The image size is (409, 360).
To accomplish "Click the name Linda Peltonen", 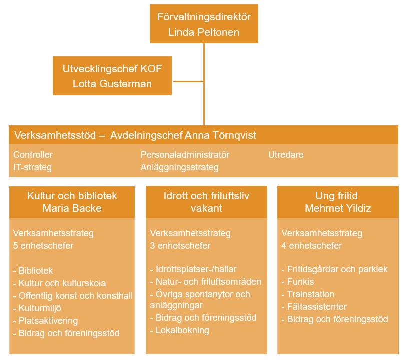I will click(204, 32).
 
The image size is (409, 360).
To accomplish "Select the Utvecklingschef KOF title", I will click(112, 69).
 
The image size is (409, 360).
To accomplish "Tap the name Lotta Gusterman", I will click(112, 84).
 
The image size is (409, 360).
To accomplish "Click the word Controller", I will click(33, 155).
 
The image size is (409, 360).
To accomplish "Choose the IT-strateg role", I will click(32, 167).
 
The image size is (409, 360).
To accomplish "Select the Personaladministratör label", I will click(185, 155).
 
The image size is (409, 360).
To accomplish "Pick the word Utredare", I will click(286, 155).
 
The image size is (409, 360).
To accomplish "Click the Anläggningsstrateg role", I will click(179, 167).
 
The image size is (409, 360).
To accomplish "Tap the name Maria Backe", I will click(72, 208).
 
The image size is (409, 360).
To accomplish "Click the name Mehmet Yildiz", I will click(338, 208).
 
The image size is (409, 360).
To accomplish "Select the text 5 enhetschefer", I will click(43, 246).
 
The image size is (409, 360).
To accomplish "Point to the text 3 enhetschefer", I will click(180, 246).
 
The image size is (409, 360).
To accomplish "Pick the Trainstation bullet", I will click(310, 294).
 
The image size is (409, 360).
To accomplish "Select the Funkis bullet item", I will click(300, 282).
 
